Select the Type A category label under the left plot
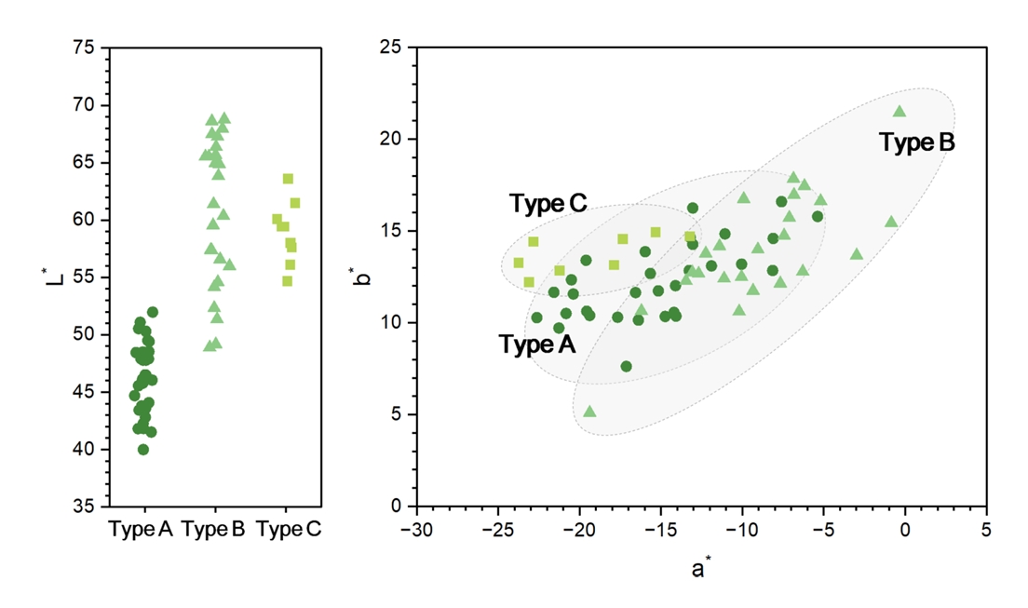click(141, 530)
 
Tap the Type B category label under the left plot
click(213, 530)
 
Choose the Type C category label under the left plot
click(288, 530)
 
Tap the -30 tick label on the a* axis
click(416, 529)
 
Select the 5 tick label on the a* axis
click(986, 529)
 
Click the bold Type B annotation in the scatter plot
click(918, 142)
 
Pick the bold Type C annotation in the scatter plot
click(548, 204)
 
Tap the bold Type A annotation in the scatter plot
click(537, 345)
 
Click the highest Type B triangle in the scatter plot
click(899, 111)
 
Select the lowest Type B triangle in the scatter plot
click(589, 411)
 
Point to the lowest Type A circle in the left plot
click(143, 450)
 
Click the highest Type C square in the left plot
click(288, 179)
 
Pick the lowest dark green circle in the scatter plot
click(626, 367)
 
